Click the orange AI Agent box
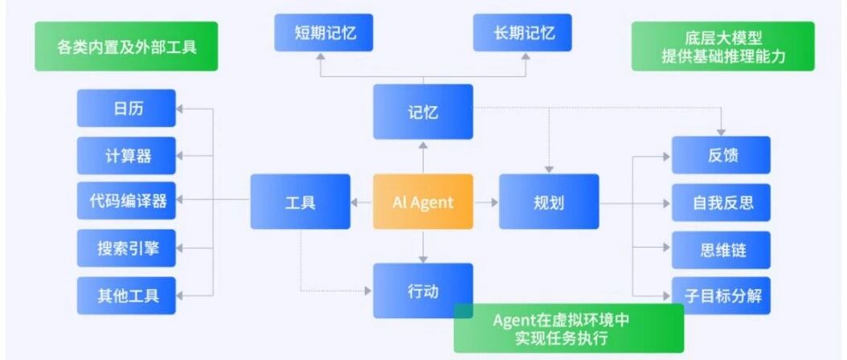tap(423, 202)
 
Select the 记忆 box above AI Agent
tap(423, 112)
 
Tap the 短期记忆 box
tap(324, 32)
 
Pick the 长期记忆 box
tap(522, 32)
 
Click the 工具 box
tap(301, 202)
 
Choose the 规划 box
tap(549, 202)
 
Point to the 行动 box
tap(423, 291)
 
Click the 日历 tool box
tap(126, 108)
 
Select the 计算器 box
tap(126, 156)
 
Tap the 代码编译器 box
tap(126, 201)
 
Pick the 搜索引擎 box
tap(126, 248)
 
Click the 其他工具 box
tap(126, 296)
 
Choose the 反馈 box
tap(721, 155)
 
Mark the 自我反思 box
tap(721, 202)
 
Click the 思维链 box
tap(721, 250)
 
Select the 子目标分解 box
tap(721, 296)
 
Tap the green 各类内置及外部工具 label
tap(126, 47)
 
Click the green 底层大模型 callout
tap(722, 47)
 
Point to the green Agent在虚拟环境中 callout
tap(569, 328)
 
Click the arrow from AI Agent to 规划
tap(486, 202)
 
